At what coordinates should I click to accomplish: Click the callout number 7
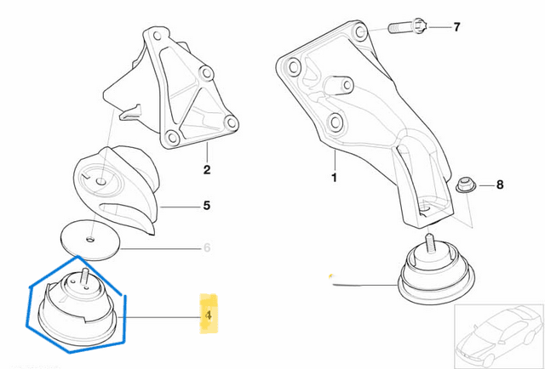[x=456, y=28]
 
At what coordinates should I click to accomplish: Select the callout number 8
[x=500, y=184]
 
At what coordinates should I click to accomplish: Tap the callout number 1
[x=335, y=179]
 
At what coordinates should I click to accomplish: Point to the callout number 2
[x=206, y=170]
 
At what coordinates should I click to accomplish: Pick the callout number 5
[x=206, y=206]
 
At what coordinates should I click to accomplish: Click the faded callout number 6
[x=205, y=248]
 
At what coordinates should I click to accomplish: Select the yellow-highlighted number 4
[x=208, y=314]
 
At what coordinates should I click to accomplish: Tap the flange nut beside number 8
[x=464, y=184]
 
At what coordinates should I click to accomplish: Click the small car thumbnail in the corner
[x=498, y=335]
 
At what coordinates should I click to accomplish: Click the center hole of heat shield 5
[x=101, y=180]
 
